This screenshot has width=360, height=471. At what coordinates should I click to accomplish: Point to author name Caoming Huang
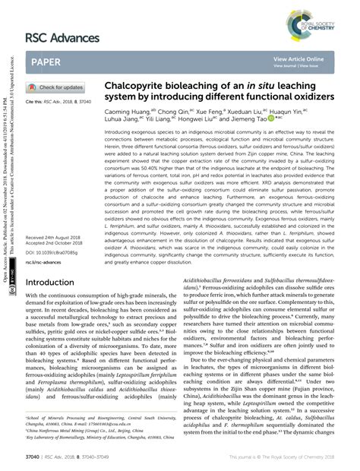pyautogui.click(x=135, y=111)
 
